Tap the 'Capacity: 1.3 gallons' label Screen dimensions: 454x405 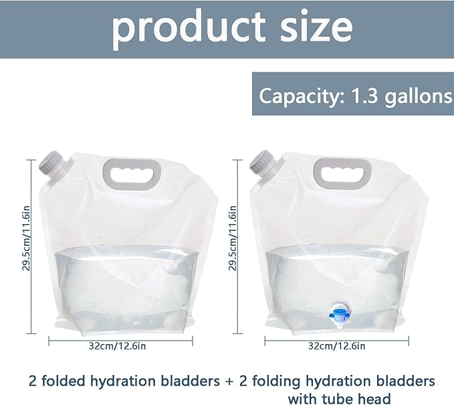[356, 96]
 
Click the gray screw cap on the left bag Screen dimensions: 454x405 [51, 163]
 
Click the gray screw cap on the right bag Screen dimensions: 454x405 [262, 163]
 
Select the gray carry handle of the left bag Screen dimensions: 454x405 [132, 174]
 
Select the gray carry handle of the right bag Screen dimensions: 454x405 [342, 173]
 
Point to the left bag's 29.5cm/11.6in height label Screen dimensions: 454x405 [26, 238]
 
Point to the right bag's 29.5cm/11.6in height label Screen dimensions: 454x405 [233, 238]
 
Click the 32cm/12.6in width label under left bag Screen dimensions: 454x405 [117, 346]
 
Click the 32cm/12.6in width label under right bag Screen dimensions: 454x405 [336, 346]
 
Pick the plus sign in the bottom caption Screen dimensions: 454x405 [229, 382]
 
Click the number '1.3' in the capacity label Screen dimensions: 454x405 [365, 96]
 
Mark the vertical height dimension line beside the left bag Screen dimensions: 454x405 [31, 247]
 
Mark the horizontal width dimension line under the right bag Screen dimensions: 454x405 [337, 340]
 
